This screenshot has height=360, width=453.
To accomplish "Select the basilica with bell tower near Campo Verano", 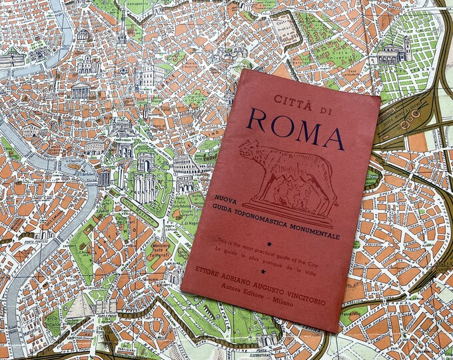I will pos(393,50).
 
